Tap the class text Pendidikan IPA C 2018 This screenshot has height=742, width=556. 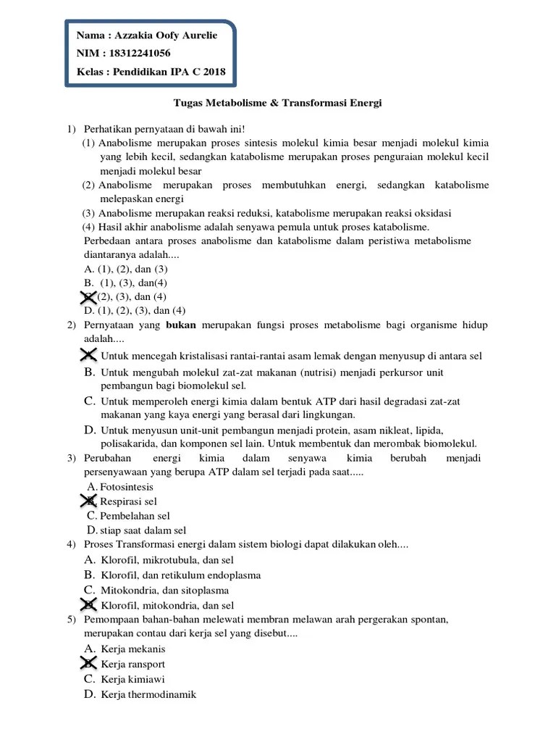169,72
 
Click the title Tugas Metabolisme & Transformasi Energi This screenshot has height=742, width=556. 278,104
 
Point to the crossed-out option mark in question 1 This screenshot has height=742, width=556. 88,296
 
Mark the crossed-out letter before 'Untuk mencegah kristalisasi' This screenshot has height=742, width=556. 88,355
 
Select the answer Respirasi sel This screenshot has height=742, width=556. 128,501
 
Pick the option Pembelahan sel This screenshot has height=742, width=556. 135,516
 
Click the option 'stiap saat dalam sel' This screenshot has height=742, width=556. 143,530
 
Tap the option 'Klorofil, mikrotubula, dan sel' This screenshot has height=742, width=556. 168,560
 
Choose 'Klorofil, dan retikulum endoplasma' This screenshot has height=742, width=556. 181,575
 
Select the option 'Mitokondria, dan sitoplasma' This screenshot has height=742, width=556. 165,591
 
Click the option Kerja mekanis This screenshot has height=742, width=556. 133,649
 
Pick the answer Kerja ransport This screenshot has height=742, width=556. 133,664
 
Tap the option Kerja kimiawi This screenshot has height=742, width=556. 133,680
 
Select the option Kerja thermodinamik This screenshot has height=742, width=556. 148,695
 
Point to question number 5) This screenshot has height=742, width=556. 72,620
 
